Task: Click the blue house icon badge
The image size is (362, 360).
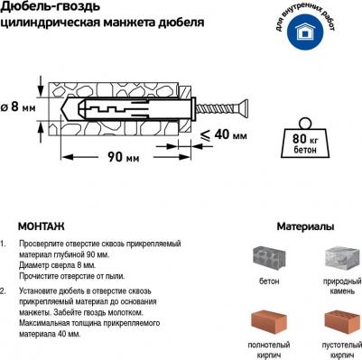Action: pyautogui.click(x=305, y=32)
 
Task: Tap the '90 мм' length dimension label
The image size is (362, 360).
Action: pyautogui.click(x=124, y=157)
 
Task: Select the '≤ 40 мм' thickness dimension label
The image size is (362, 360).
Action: pyautogui.click(x=224, y=134)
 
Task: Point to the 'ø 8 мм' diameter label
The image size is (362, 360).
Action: pyautogui.click(x=18, y=107)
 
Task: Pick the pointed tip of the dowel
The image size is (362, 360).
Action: pyautogui.click(x=62, y=108)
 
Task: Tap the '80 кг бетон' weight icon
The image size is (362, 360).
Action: pyautogui.click(x=304, y=138)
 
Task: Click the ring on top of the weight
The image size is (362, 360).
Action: pyautogui.click(x=305, y=124)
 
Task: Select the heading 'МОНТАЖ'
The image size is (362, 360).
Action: pyautogui.click(x=42, y=226)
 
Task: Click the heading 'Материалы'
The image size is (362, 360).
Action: pyautogui.click(x=305, y=226)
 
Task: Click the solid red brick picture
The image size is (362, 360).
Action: pyautogui.click(x=269, y=323)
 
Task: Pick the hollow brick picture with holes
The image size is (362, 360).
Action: pyautogui.click(x=342, y=323)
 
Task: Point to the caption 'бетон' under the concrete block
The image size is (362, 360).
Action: pyautogui.click(x=269, y=282)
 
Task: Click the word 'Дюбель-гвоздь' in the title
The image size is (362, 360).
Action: pyautogui.click(x=51, y=6)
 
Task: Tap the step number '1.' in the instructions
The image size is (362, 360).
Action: pyautogui.click(x=3, y=244)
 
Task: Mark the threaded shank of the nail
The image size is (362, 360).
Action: pyautogui.click(x=218, y=108)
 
